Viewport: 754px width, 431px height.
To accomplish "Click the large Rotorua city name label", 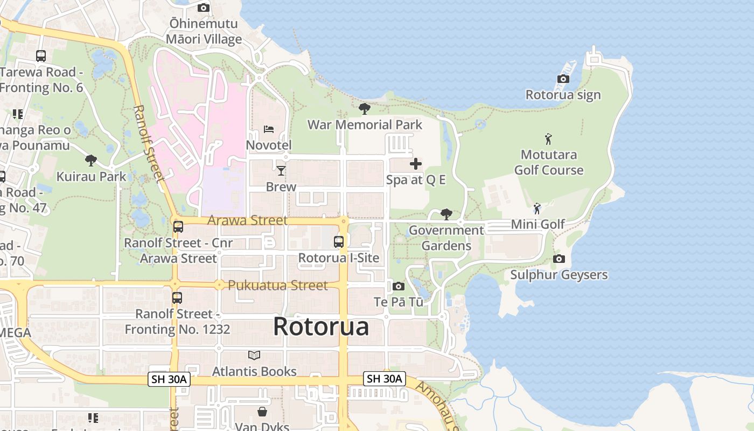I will (321, 326).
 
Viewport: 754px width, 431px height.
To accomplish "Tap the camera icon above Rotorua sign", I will (563, 79).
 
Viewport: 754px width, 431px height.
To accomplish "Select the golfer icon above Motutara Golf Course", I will (548, 139).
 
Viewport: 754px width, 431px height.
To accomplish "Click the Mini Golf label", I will (537, 224).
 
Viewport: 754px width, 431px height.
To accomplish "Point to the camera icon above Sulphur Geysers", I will (559, 259).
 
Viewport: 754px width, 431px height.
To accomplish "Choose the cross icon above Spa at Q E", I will (416, 164).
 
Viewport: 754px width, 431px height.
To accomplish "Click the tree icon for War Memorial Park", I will (365, 109).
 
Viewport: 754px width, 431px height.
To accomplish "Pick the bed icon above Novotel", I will (269, 129).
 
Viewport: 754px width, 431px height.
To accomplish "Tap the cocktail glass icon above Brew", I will (281, 171).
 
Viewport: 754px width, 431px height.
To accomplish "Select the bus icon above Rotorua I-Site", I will (339, 242).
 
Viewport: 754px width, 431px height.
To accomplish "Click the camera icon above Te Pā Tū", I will (399, 287).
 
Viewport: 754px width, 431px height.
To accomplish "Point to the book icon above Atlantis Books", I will (254, 355).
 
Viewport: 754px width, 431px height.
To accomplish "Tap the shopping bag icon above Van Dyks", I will (262, 412).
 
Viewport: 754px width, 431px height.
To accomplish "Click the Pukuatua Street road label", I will (277, 285).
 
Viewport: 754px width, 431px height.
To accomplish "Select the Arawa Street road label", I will (247, 220).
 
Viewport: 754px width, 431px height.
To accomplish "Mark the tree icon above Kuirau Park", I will (91, 160).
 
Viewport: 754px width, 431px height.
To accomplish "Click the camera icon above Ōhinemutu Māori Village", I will (204, 8).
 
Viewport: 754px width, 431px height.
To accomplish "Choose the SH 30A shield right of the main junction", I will (383, 379).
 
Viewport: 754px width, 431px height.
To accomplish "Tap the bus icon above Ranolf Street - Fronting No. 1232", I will (177, 297).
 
